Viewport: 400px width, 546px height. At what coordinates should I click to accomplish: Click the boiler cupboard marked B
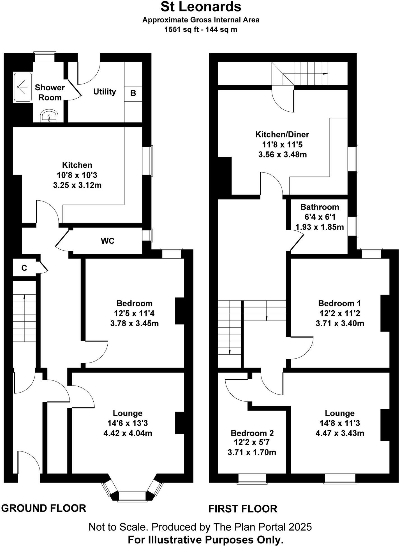[133, 93]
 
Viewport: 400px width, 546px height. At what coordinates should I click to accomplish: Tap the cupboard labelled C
[24, 268]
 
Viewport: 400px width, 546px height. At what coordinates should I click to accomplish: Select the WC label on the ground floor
[108, 241]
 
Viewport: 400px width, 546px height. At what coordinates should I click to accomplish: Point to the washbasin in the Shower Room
[50, 116]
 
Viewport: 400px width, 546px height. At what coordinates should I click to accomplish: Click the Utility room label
[105, 92]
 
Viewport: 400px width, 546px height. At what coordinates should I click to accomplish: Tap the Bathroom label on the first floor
[320, 207]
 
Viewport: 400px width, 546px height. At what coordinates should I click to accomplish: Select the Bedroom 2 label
[252, 433]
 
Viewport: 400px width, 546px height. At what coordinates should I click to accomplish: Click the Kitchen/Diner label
[282, 134]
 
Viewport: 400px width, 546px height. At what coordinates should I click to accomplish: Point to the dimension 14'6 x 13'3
[128, 423]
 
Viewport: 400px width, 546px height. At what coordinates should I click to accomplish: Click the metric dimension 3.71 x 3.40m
[340, 324]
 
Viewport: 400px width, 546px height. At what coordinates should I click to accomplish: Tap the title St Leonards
[201, 7]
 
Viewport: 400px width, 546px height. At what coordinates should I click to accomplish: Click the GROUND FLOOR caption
[44, 508]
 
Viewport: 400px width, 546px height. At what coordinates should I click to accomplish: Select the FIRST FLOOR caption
[243, 509]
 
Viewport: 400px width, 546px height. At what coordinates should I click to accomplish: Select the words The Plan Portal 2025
[262, 527]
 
